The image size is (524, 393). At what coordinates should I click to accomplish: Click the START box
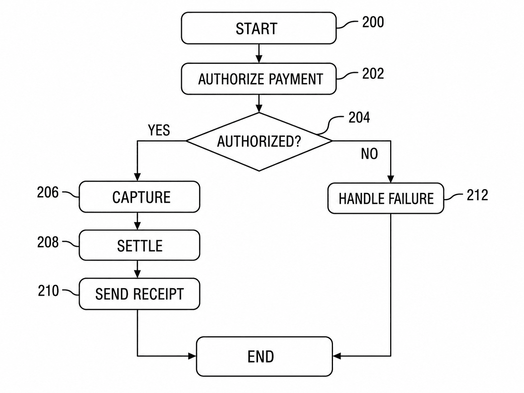[259, 28]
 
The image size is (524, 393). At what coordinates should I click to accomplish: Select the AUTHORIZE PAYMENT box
[259, 79]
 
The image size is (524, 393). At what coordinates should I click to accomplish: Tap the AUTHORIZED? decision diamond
[259, 141]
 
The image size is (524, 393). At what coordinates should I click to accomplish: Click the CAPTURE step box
[139, 197]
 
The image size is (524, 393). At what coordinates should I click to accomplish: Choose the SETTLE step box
[139, 245]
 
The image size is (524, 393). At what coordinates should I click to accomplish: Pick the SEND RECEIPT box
[139, 294]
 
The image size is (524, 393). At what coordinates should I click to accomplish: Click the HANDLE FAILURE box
[386, 198]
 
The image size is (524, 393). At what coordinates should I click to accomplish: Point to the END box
[264, 356]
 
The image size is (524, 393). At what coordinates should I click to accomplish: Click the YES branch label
[159, 130]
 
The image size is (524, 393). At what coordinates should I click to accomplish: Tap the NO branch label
[369, 154]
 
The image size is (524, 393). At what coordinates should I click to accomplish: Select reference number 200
[373, 22]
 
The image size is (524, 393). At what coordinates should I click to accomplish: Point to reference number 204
[359, 117]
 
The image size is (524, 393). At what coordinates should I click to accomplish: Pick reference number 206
[48, 192]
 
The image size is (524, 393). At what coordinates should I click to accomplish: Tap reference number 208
[48, 242]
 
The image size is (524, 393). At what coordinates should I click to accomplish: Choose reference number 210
[48, 291]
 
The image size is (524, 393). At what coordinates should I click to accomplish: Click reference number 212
[477, 195]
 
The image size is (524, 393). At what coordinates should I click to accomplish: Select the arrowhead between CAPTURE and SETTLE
[137, 226]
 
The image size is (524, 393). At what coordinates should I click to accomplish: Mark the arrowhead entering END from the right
[337, 356]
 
